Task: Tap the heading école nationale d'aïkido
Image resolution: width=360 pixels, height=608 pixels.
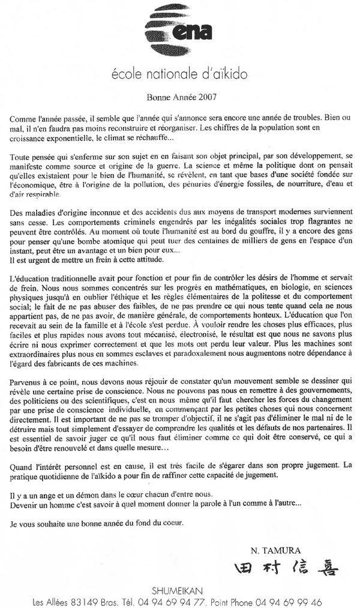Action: (x=179, y=74)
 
